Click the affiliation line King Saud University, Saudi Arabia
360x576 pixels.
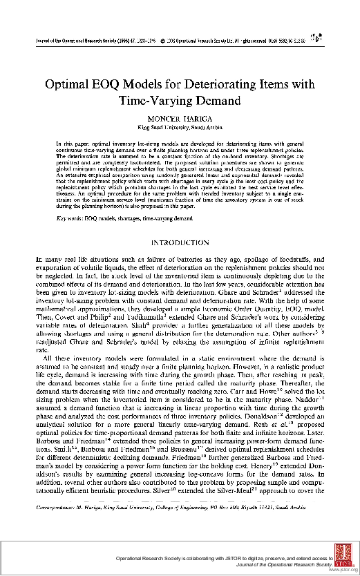coord(180,128)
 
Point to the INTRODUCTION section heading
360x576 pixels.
coord(180,243)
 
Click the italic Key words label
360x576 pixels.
coord(68,218)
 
